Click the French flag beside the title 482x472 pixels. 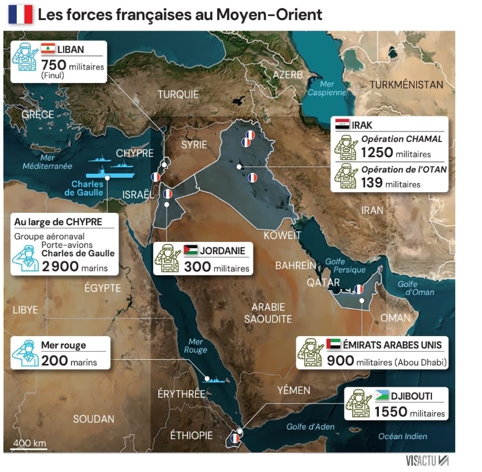tap(21, 14)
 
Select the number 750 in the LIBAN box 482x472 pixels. tap(53, 65)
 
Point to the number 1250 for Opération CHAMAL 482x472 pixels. tap(377, 152)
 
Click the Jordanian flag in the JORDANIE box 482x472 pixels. tap(190, 250)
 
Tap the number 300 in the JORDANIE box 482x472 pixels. tap(197, 267)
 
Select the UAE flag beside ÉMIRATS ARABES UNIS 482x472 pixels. tap(334, 344)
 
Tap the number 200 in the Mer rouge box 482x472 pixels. tap(54, 361)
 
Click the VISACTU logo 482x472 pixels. tap(427, 460)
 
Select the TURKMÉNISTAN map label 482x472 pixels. tap(406, 85)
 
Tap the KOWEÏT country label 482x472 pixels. tap(282, 235)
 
